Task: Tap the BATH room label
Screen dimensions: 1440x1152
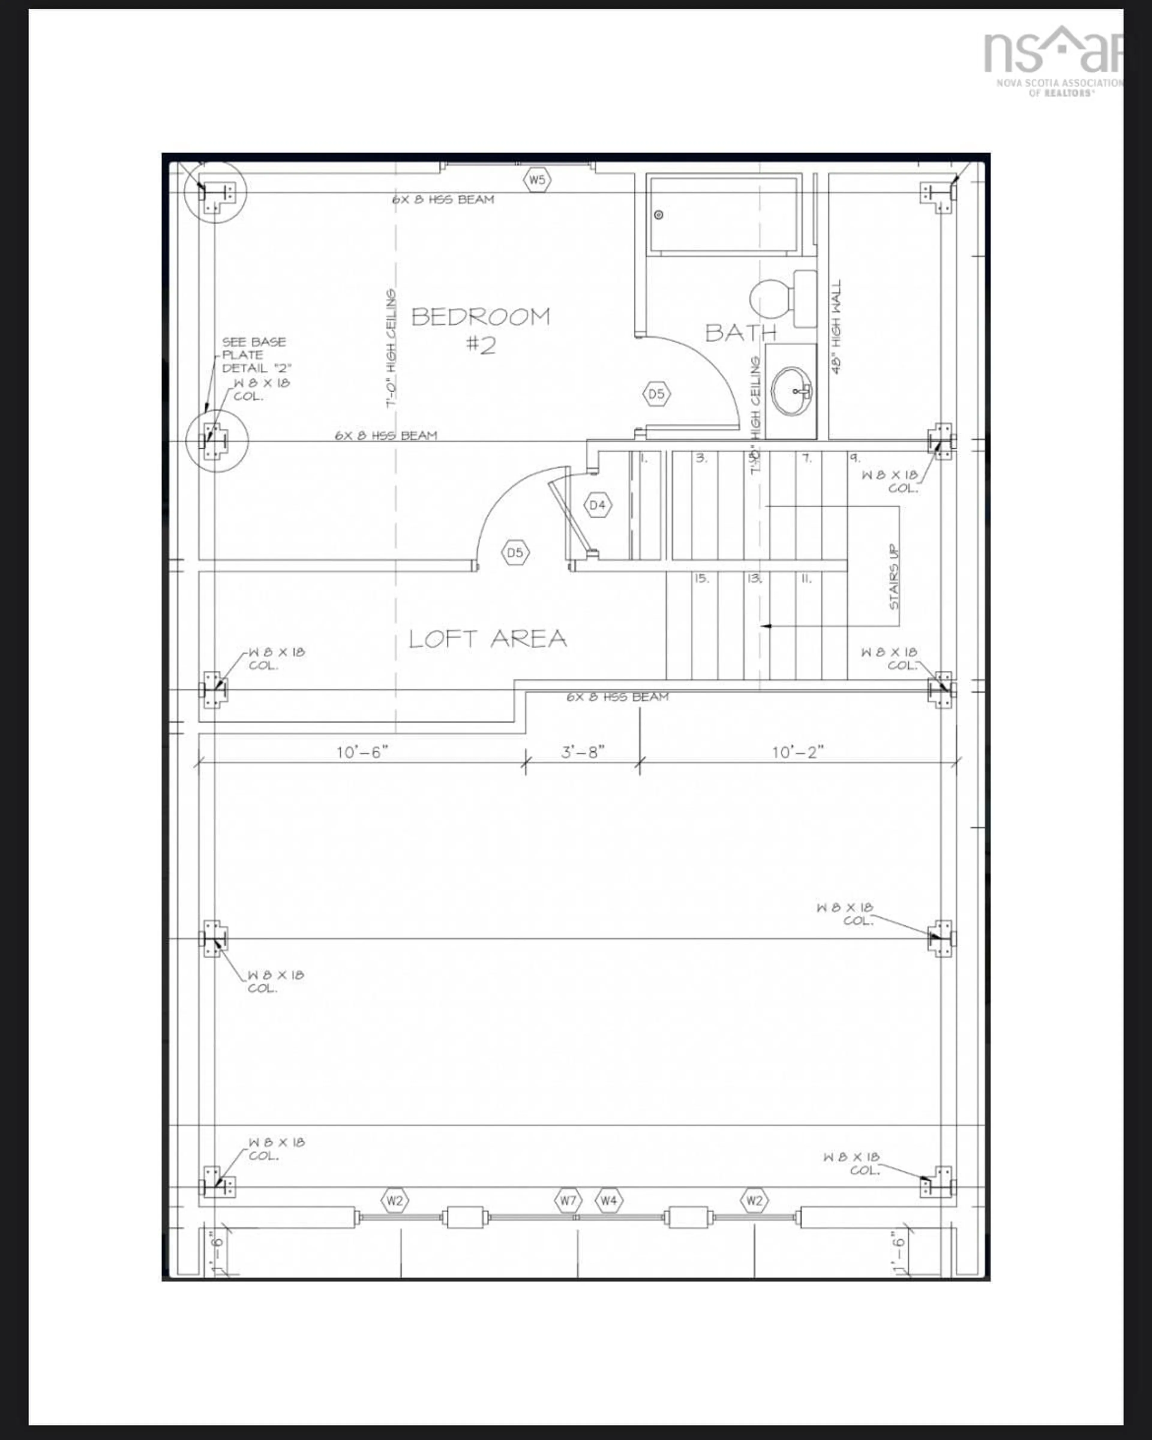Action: coord(740,332)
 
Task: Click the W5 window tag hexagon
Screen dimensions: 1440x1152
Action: coord(537,180)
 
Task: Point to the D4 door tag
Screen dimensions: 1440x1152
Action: coord(597,505)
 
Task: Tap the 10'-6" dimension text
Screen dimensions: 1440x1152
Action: coord(361,752)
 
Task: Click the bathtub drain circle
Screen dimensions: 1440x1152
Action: coord(658,214)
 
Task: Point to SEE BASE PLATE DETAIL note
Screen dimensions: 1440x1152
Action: coord(255,355)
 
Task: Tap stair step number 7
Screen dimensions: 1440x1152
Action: coord(806,458)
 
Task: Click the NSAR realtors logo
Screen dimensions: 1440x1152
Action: coord(1052,60)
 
